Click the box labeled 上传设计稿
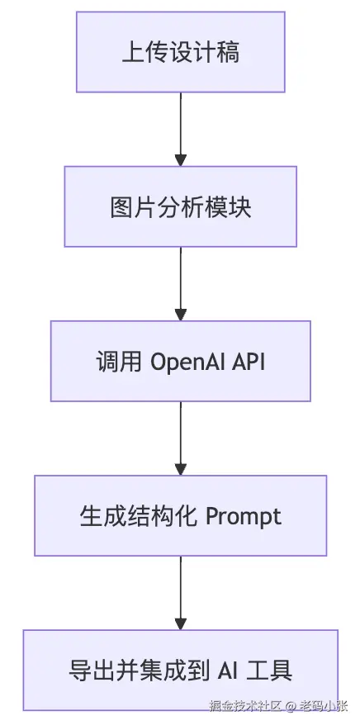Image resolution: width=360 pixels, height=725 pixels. coord(180,52)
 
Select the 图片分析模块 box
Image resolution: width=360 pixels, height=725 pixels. coord(180,206)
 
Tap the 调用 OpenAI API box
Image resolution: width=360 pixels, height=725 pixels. coord(180,361)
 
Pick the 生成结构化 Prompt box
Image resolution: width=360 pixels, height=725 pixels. coord(180,515)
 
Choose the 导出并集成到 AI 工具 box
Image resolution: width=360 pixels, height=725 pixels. coord(180,670)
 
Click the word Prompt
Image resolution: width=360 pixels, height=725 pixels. coord(243,517)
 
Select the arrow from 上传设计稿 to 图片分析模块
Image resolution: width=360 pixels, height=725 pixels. coord(181,130)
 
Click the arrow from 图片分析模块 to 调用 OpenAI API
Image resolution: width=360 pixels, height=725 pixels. coord(181,284)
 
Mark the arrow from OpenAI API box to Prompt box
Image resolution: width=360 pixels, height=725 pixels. coord(181,438)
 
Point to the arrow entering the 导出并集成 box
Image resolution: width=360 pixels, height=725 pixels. coord(181,593)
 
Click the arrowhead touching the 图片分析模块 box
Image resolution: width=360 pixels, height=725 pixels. coord(181,160)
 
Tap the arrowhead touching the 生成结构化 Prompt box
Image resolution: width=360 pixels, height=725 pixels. coord(181,469)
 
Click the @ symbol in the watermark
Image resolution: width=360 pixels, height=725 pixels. coord(290,706)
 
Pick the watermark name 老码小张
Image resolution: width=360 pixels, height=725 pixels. coord(324,706)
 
